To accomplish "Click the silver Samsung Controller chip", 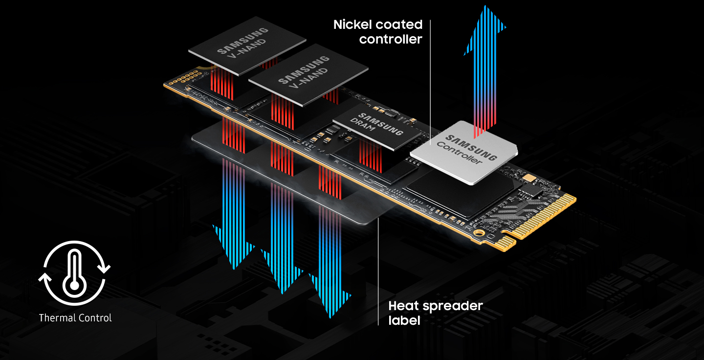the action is [x=464, y=153].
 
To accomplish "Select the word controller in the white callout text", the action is [x=391, y=39].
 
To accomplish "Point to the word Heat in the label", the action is [x=403, y=306].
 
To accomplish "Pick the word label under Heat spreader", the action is [x=404, y=320].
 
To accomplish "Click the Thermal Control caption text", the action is [x=75, y=318].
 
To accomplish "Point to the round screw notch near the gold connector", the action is [x=479, y=233].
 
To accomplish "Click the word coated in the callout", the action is [x=399, y=24].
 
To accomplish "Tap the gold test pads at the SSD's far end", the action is [x=186, y=78].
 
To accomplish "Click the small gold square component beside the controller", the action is [x=529, y=178].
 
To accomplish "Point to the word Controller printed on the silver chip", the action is [x=459, y=153].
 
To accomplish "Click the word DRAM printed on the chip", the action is [x=362, y=125].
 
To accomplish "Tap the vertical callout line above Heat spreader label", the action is [x=378, y=272].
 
